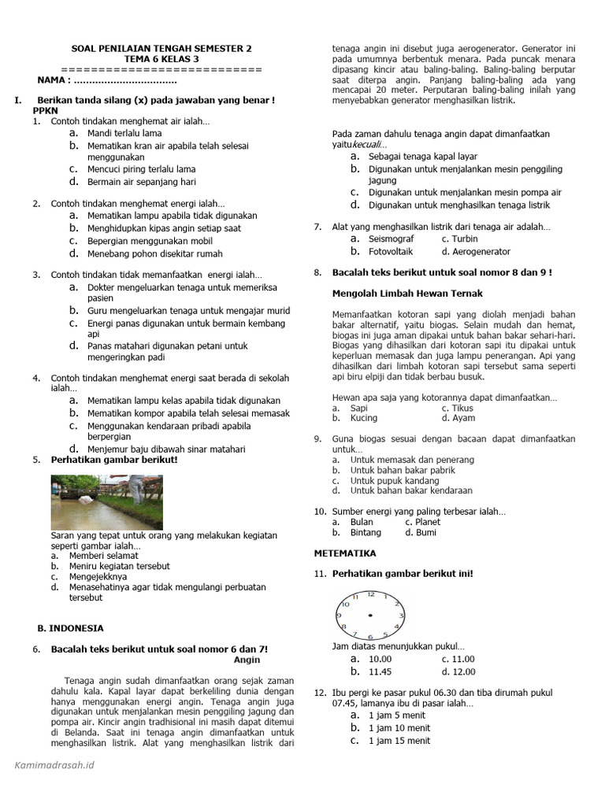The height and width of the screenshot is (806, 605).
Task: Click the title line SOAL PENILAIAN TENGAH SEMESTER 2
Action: click(x=161, y=48)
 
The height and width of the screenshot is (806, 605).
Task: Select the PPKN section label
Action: click(x=46, y=111)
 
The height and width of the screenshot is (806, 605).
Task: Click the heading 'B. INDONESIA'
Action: click(x=70, y=628)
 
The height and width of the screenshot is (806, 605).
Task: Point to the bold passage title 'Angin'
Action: click(x=247, y=660)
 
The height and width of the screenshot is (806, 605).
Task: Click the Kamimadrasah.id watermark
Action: click(x=55, y=764)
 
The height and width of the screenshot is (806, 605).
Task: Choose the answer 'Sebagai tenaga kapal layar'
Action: click(x=423, y=157)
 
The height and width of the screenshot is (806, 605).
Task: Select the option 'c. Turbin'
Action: click(x=459, y=239)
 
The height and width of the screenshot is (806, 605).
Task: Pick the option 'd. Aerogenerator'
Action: click(x=476, y=252)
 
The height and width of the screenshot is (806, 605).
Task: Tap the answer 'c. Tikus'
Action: click(x=458, y=409)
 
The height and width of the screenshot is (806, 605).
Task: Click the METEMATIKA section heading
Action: click(x=345, y=553)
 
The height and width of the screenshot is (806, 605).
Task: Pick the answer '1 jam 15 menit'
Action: click(x=399, y=741)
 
